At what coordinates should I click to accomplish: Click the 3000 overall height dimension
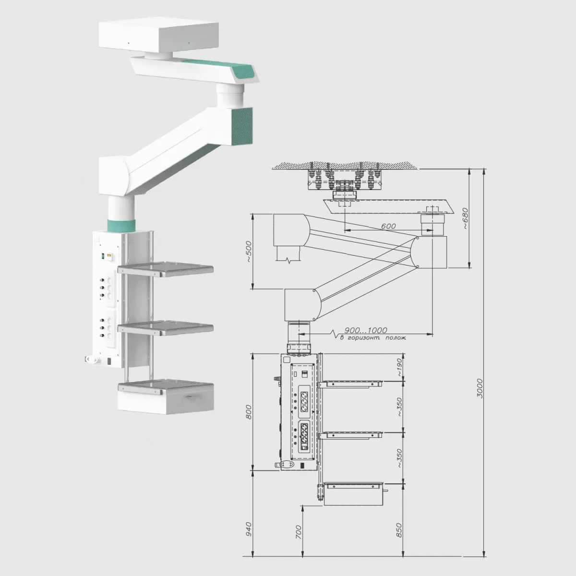[480, 388]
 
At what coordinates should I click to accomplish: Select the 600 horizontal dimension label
[388, 226]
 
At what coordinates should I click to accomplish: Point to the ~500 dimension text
[250, 252]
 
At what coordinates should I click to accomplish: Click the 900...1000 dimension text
[366, 330]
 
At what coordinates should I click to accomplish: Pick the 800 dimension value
[250, 412]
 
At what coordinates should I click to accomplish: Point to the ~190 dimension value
[400, 367]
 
